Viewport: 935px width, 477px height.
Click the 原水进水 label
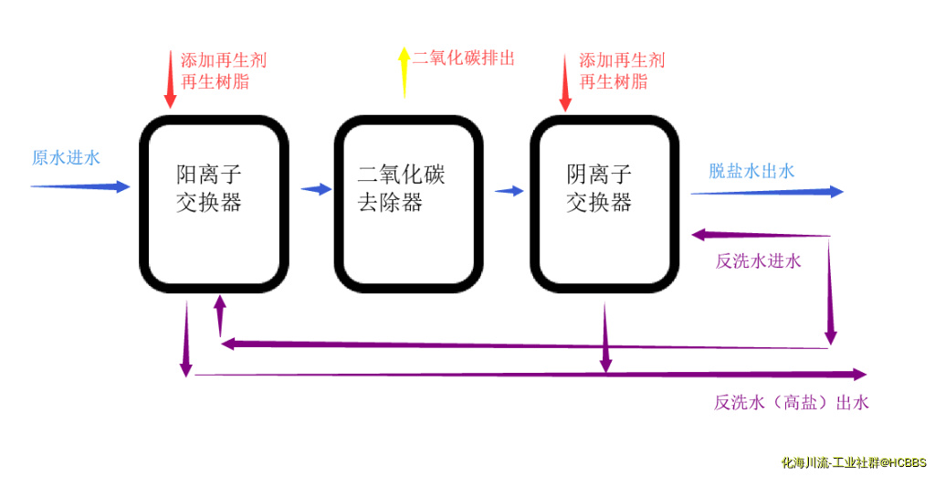(x=66, y=157)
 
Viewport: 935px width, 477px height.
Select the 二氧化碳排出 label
(x=463, y=58)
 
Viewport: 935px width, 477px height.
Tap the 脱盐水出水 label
(x=751, y=171)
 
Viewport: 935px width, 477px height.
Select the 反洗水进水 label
(x=758, y=261)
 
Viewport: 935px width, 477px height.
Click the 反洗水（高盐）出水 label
(x=791, y=402)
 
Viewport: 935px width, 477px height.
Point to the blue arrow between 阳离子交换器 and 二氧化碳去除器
(x=316, y=189)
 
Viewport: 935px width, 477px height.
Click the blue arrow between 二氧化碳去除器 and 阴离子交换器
(x=510, y=191)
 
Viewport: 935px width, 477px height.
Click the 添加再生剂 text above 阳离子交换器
(x=223, y=61)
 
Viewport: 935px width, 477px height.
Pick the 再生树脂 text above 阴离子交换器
(x=614, y=82)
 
